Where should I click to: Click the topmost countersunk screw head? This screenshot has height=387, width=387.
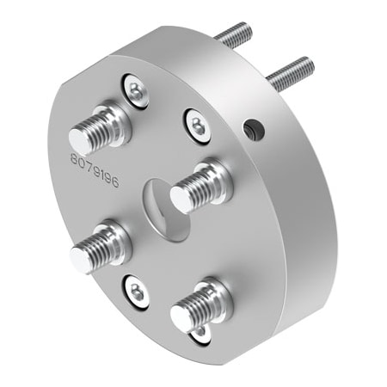(x=136, y=89)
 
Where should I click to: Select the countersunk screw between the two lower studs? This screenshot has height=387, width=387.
(x=137, y=288)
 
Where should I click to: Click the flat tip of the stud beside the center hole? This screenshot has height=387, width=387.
(x=181, y=200)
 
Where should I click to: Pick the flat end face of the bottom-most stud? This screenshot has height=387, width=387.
(x=181, y=317)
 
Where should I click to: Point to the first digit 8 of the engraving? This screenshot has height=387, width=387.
(x=74, y=161)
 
